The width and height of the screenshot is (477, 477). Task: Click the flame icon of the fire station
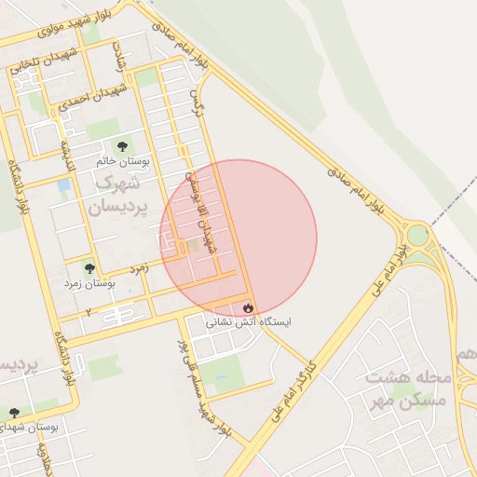point(248,307)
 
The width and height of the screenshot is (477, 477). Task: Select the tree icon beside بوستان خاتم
point(122,145)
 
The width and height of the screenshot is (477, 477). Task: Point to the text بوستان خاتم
point(122,161)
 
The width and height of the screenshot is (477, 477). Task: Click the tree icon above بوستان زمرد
point(89,267)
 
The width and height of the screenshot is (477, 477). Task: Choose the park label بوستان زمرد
point(89,282)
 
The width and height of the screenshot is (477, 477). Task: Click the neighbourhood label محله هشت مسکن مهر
point(408,388)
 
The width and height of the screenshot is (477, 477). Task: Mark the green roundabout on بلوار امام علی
point(416,235)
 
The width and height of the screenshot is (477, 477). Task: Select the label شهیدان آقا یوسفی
point(202,209)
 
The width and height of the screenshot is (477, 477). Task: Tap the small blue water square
point(63,185)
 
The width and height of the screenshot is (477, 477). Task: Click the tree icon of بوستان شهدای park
point(13,411)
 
